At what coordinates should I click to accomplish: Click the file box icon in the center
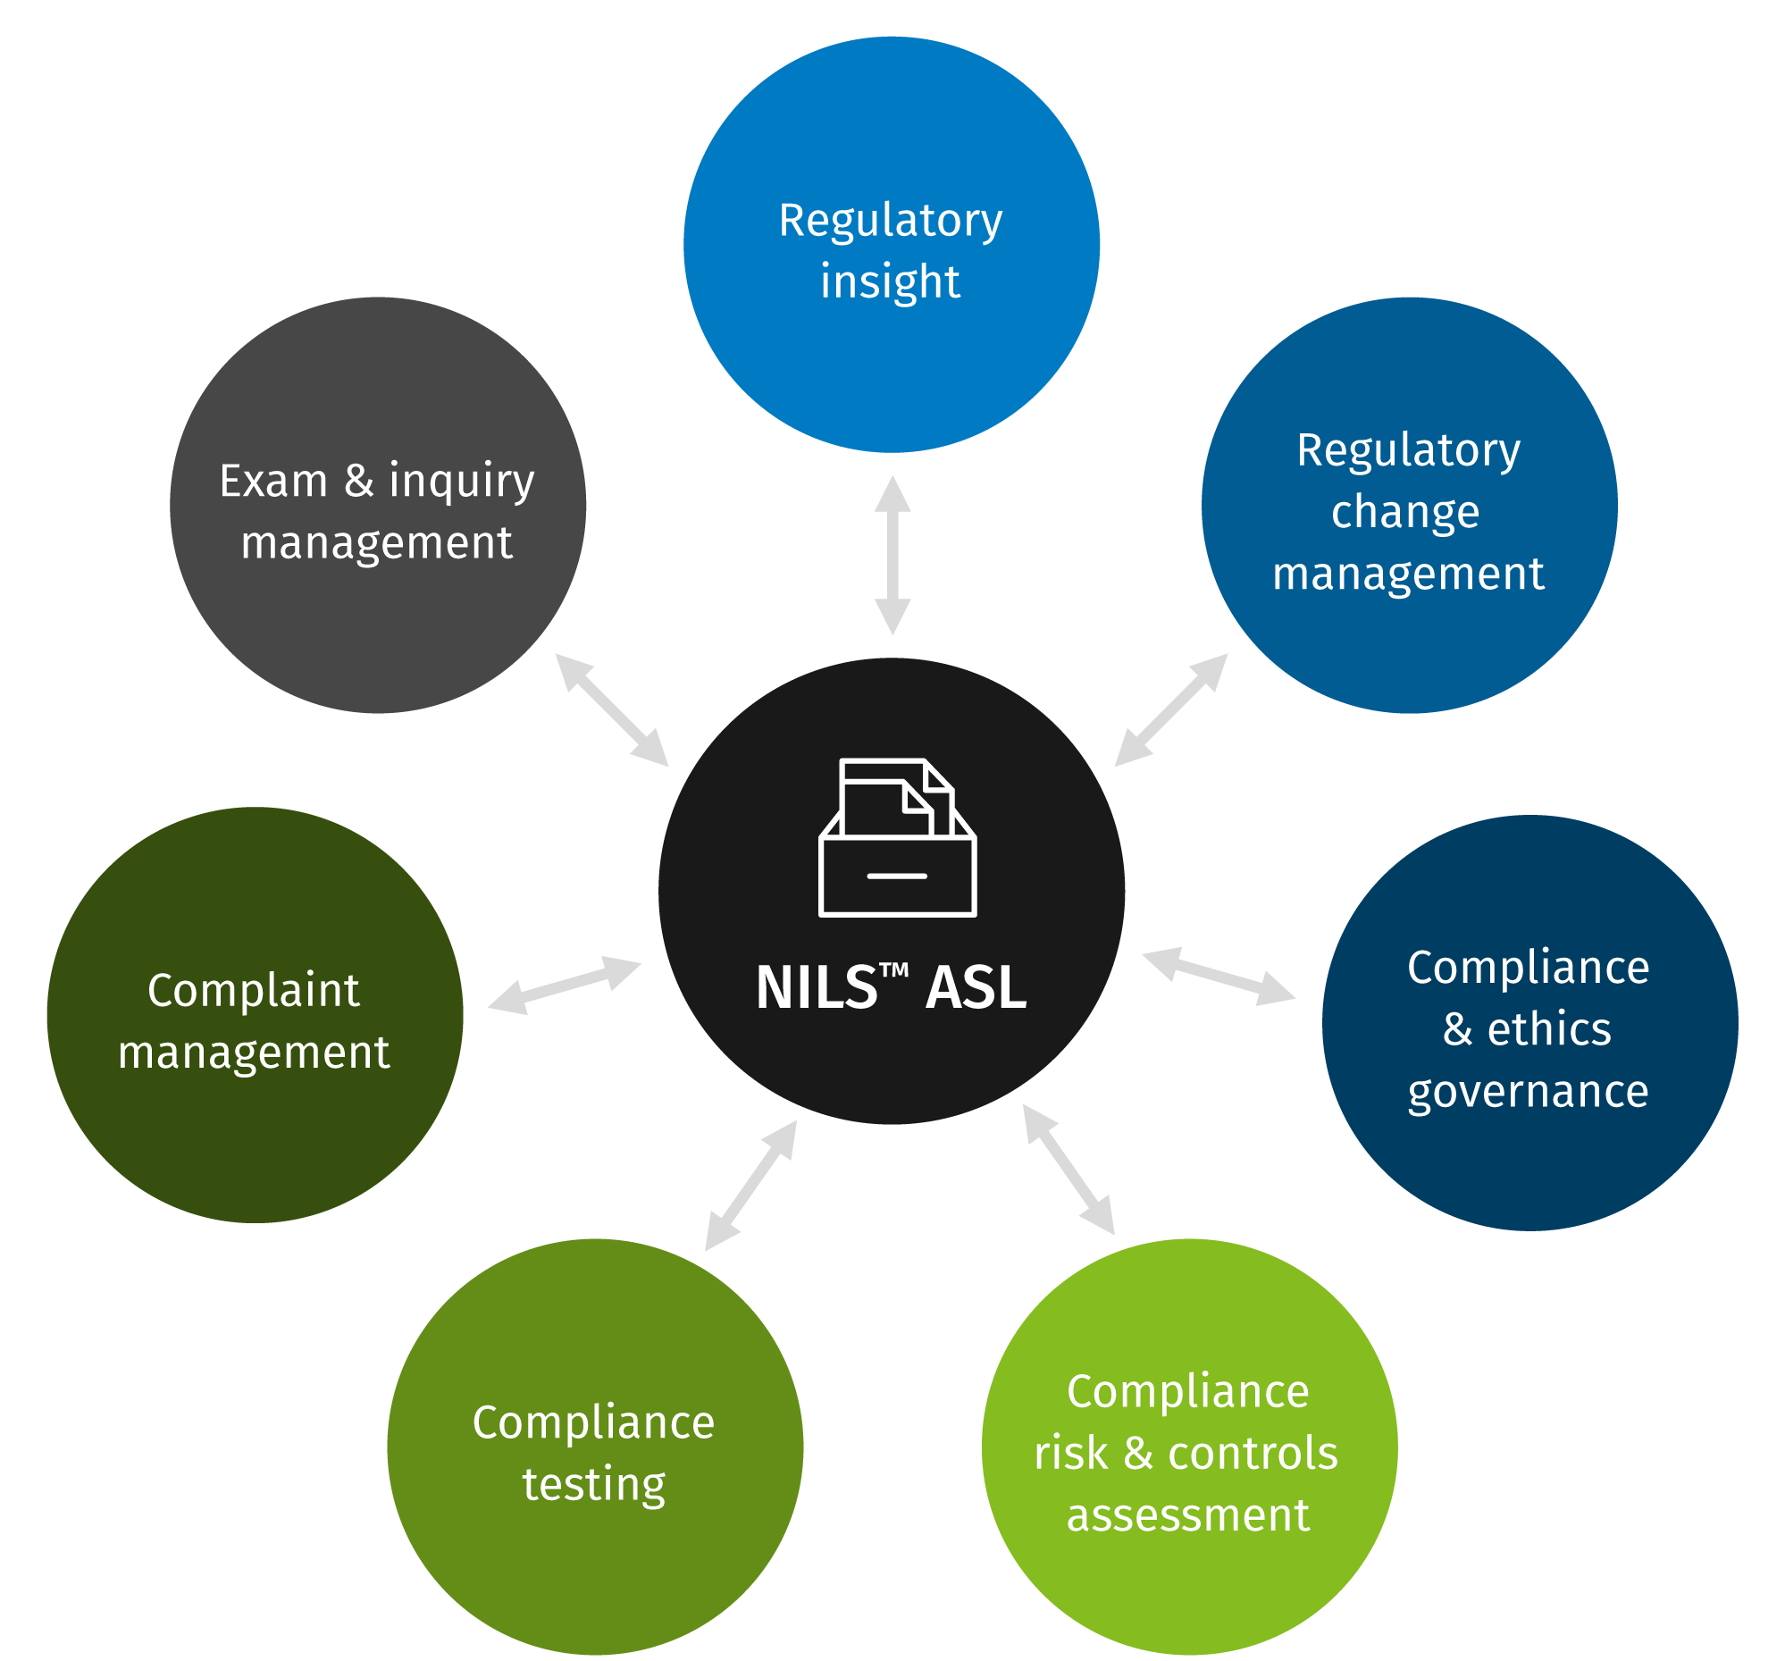(897, 838)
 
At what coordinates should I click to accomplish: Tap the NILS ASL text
(891, 988)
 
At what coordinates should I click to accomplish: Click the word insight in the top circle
(890, 282)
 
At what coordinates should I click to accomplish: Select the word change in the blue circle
(1405, 513)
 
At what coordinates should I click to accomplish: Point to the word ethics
(1549, 1029)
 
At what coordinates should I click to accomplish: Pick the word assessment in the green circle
(1188, 1515)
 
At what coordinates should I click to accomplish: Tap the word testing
(593, 1485)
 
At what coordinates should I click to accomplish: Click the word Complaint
(253, 991)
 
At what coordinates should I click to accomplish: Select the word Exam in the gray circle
(273, 482)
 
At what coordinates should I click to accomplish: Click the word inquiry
(462, 482)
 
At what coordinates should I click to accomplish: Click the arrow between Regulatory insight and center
(892, 556)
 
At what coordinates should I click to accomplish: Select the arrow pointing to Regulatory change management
(1171, 710)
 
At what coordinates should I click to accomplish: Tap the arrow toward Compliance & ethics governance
(1219, 977)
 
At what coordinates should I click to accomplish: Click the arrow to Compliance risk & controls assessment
(1068, 1169)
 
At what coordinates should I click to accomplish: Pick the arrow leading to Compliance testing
(750, 1185)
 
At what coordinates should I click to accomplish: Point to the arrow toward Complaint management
(565, 986)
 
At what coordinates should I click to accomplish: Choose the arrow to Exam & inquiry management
(611, 710)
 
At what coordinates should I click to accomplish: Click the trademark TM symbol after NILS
(893, 969)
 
